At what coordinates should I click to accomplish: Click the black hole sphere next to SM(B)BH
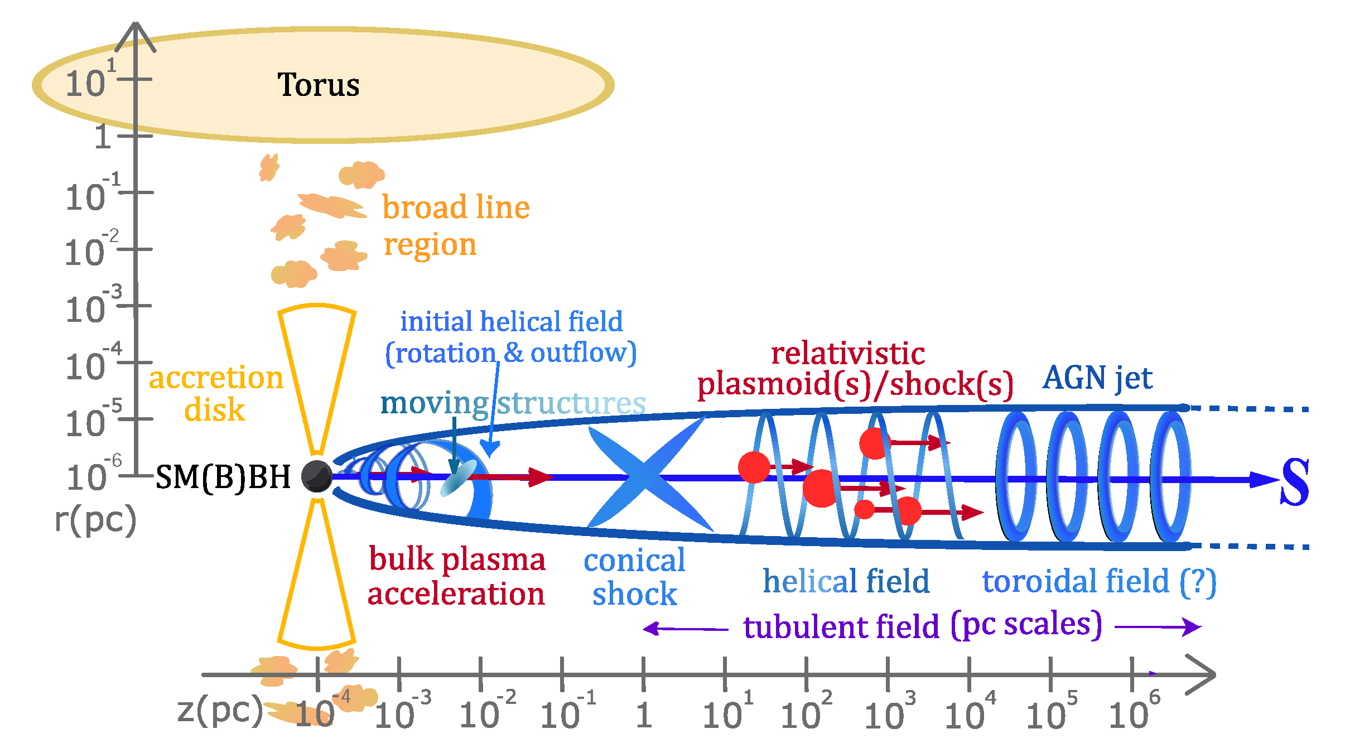pyautogui.click(x=317, y=476)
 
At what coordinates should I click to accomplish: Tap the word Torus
pyautogui.click(x=319, y=85)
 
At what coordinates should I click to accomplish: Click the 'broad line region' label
pyautogui.click(x=455, y=226)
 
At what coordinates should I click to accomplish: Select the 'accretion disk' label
pyautogui.click(x=216, y=393)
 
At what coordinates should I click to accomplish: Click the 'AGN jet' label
pyautogui.click(x=1097, y=378)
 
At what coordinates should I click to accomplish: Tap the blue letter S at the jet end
pyautogui.click(x=1294, y=482)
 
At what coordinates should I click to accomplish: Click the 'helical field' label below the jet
pyautogui.click(x=846, y=581)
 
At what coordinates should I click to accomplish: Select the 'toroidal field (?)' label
pyautogui.click(x=1099, y=581)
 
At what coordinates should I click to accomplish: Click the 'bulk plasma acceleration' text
pyautogui.click(x=456, y=576)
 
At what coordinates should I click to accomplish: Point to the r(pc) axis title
pyautogui.click(x=95, y=520)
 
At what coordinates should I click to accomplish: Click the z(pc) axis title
pyautogui.click(x=220, y=711)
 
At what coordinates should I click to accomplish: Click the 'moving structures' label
pyautogui.click(x=513, y=403)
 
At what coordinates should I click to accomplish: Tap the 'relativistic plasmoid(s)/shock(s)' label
pyautogui.click(x=854, y=369)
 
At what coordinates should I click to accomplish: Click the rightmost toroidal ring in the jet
pyautogui.click(x=1170, y=477)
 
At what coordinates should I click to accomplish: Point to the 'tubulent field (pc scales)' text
pyautogui.click(x=923, y=626)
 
